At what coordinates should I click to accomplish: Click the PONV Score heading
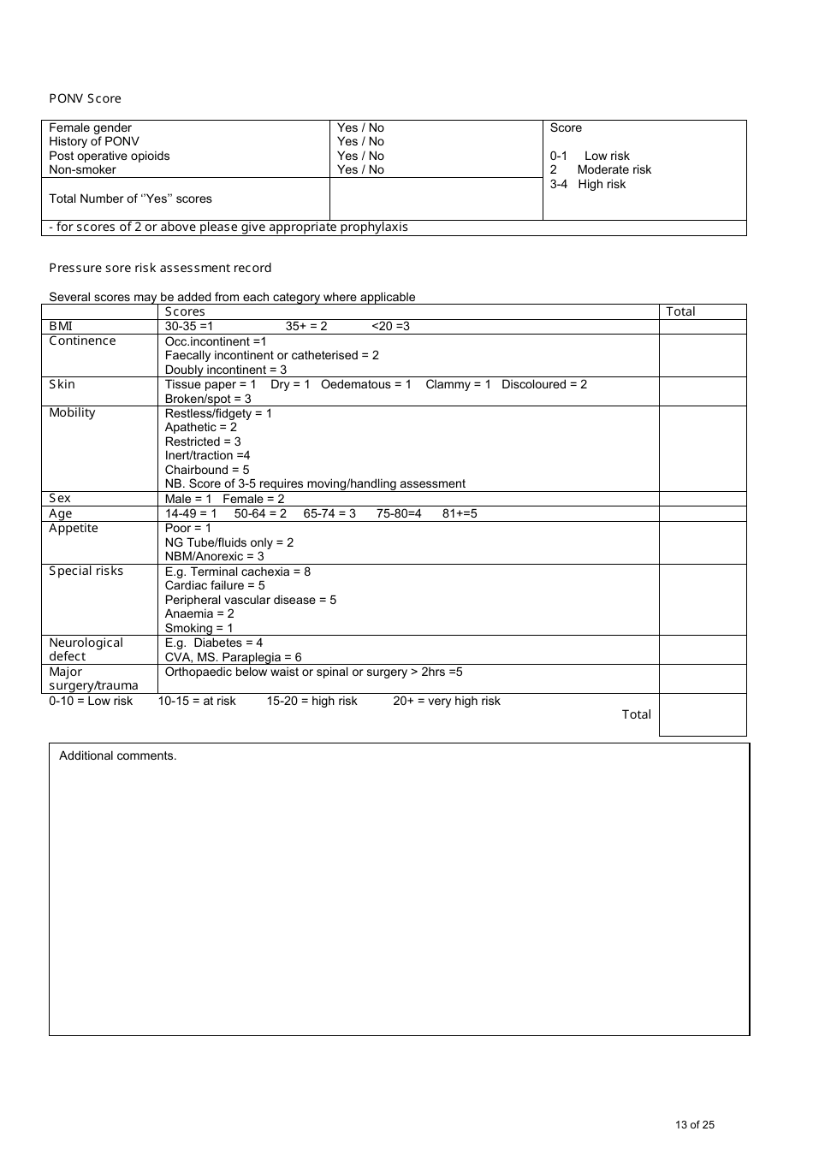[x=85, y=98]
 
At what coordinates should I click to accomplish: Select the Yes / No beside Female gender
[x=360, y=127]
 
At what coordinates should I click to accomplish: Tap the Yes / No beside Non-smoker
[x=360, y=169]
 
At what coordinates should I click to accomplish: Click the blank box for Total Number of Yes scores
[x=436, y=198]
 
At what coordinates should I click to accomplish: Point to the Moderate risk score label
[x=614, y=169]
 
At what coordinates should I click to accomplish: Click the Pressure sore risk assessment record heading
[x=160, y=268]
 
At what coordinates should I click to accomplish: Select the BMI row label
[x=61, y=326]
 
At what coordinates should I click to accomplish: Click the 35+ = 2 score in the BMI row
[x=306, y=326]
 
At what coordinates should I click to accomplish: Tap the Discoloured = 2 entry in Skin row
[x=544, y=384]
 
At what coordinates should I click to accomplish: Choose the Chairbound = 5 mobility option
[x=207, y=470]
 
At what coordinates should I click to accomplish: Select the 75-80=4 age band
[x=399, y=513]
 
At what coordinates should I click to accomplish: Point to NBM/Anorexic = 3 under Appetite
[x=215, y=556]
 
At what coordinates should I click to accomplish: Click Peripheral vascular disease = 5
[x=251, y=600]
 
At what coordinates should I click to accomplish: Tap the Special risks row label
[x=86, y=571]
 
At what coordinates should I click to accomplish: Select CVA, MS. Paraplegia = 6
[x=234, y=657]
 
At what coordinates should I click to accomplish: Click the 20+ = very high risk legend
[x=447, y=701]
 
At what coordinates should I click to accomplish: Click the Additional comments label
[x=118, y=755]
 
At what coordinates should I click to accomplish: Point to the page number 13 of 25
[x=694, y=1125]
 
